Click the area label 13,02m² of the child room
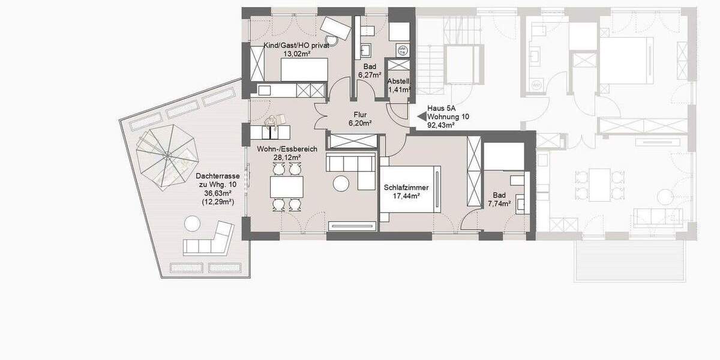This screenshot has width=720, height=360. (297, 53)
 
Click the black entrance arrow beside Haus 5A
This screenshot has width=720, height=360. (419, 117)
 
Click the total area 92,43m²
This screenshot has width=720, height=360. (440, 125)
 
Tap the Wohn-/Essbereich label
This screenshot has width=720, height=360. (279, 149)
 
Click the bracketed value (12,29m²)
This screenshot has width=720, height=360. (218, 202)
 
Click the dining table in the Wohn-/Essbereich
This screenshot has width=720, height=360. (286, 187)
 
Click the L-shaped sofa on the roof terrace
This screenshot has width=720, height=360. (209, 241)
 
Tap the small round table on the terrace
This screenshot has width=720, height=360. (191, 224)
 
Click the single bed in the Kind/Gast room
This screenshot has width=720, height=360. (304, 70)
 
